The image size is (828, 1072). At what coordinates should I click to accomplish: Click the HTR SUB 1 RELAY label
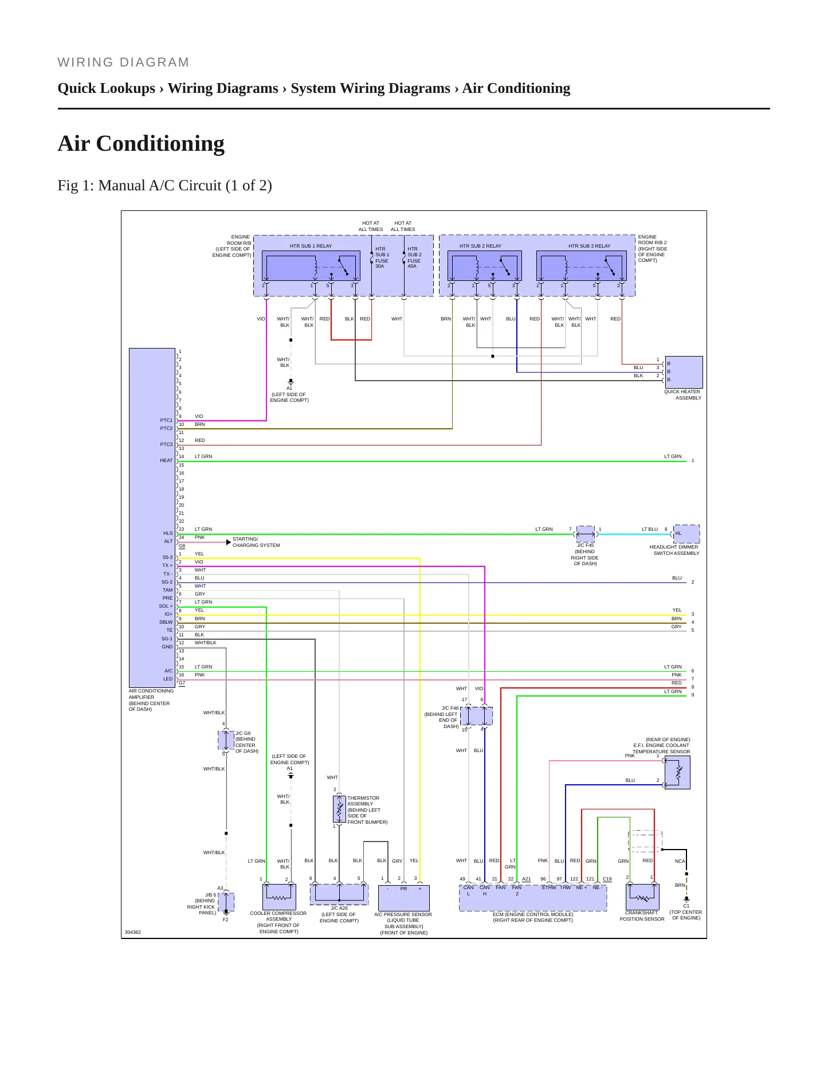311,246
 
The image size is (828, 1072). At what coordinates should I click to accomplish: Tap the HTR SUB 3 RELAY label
589,246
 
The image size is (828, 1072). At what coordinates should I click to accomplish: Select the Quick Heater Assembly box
684,372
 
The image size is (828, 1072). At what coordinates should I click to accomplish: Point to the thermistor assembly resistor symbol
339,809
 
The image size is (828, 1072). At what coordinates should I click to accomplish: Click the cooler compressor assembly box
279,897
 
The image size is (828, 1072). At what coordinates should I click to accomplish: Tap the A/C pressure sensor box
404,898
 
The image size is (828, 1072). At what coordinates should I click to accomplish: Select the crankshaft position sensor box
642,897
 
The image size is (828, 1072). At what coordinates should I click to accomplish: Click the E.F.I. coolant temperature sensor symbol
677,772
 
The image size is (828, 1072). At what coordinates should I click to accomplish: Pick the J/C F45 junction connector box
586,534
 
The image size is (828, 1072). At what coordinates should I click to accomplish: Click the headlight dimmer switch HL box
686,534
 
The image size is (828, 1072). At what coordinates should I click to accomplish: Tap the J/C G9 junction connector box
226,740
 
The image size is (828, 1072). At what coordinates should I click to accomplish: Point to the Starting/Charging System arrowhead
229,542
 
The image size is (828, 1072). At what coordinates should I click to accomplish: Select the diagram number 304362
133,932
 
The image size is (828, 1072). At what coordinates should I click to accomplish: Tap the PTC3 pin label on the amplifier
166,444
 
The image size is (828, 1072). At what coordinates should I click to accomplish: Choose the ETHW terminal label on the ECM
549,887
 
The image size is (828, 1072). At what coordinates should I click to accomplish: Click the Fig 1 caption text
165,185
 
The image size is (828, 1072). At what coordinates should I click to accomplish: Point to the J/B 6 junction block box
226,902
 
